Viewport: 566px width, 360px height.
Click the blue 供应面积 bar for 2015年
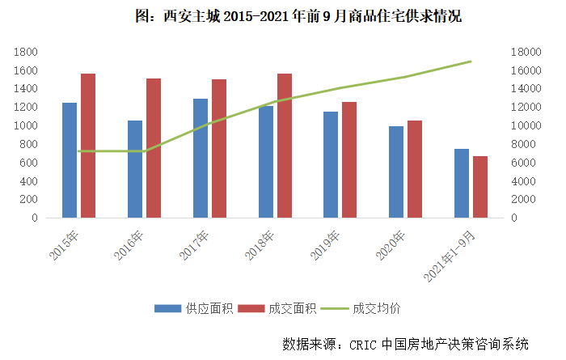point(70,160)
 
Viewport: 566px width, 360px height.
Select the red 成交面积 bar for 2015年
point(88,146)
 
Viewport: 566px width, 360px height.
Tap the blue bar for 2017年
point(201,159)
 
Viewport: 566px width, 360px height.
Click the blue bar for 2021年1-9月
point(461,184)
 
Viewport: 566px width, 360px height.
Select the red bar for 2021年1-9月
point(479,187)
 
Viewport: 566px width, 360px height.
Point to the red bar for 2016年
point(154,148)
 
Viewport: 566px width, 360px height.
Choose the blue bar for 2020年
point(395,172)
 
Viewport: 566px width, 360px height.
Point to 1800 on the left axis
point(27,52)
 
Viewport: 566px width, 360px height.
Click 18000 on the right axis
point(528,52)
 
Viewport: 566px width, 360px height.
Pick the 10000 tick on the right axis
point(528,126)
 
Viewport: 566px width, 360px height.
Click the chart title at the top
point(283,15)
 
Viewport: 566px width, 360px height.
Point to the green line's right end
point(471,61)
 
